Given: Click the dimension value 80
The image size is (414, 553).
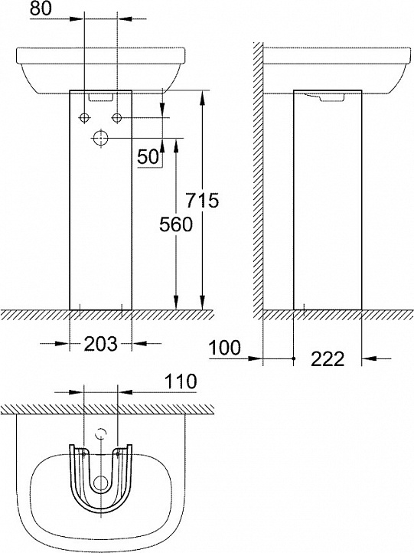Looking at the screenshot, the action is point(41,8).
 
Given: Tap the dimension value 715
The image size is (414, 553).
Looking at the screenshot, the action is point(202,201).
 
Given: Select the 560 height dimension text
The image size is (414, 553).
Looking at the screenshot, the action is point(176,224).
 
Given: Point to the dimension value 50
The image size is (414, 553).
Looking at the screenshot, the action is point(148,157).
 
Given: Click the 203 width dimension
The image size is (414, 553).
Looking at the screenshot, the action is point(101,343).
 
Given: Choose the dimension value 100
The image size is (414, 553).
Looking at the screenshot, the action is point(225,348).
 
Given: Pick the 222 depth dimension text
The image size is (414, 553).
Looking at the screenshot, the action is point(328,359).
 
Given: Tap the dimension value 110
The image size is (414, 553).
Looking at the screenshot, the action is point(181,381).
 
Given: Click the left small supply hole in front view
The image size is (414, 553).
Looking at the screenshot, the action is point(84,118).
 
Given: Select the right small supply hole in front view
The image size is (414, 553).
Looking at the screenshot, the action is point(117,118).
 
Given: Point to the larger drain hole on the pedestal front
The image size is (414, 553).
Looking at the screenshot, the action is point(101,138).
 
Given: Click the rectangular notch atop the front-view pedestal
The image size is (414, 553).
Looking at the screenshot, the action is point(100,97).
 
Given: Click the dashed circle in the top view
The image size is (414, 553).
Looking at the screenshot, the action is point(101,434).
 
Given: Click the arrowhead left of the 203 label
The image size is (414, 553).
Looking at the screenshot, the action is point(62,343).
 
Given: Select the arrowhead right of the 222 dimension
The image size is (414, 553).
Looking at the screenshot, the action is point(369,358).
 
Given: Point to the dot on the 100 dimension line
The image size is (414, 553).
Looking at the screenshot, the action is point(294,358).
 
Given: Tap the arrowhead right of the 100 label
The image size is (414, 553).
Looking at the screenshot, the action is point(256,358).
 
